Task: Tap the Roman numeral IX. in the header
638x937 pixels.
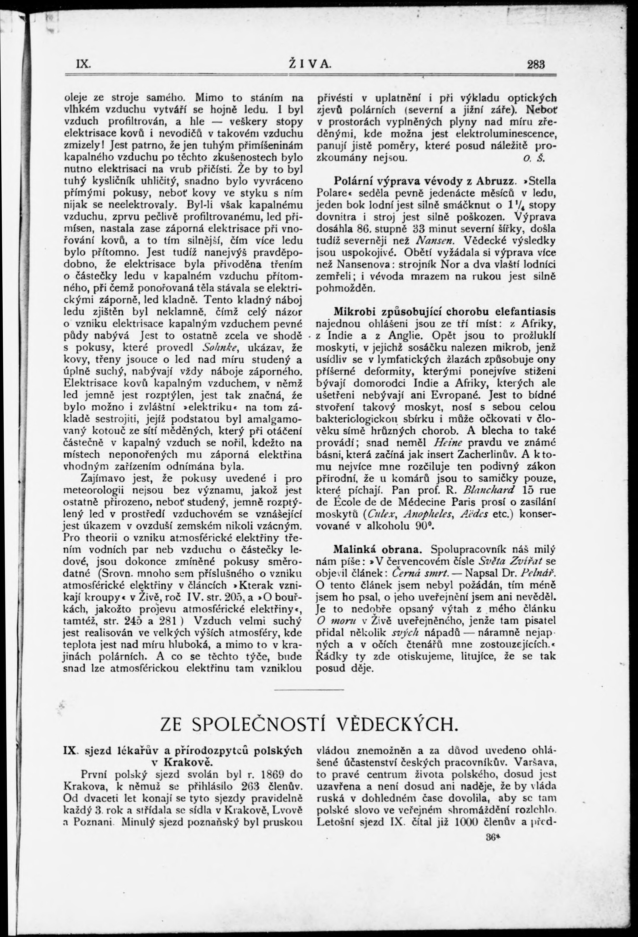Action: [83, 64]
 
